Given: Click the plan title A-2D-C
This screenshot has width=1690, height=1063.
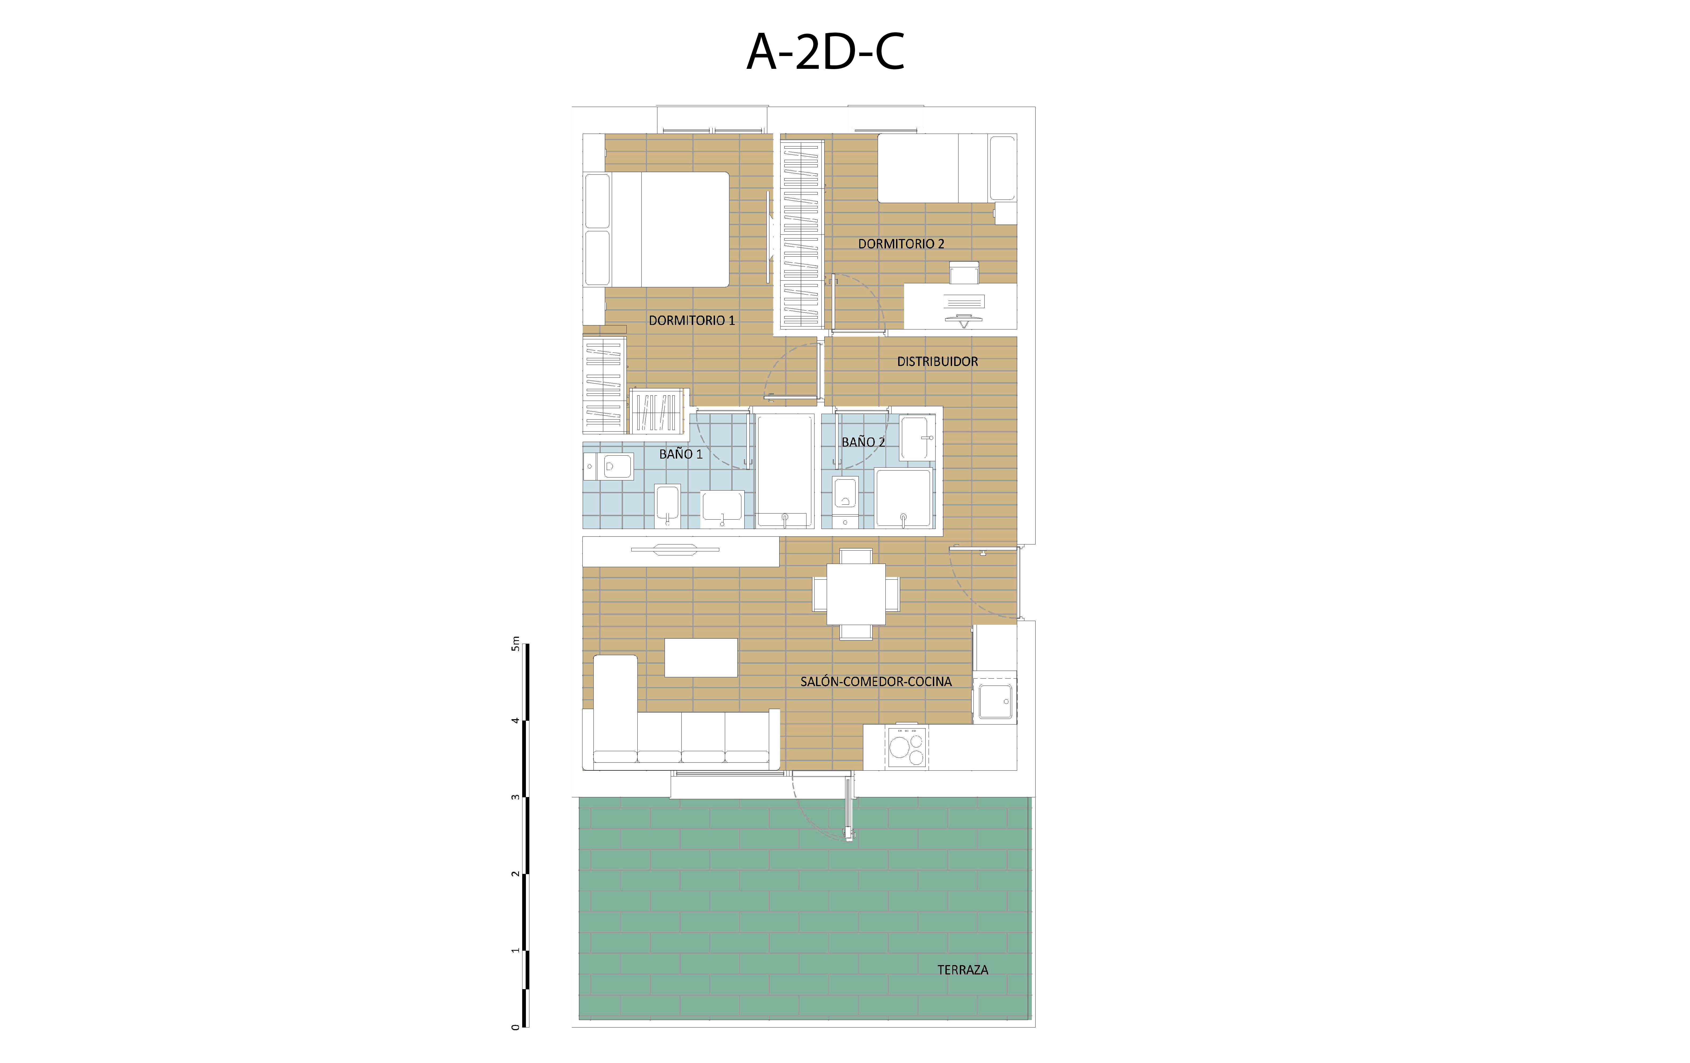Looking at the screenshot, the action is pyautogui.click(x=825, y=52).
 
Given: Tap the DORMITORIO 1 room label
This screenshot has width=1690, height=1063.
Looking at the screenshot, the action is pyautogui.click(x=691, y=320).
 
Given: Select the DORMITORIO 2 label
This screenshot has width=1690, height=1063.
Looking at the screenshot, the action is pyautogui.click(x=901, y=244).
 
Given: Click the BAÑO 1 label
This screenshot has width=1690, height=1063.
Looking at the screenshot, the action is pyautogui.click(x=681, y=454).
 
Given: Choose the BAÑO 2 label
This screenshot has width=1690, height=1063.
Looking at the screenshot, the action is pyautogui.click(x=863, y=442).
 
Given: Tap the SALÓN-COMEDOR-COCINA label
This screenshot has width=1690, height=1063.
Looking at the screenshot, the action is pyautogui.click(x=876, y=681).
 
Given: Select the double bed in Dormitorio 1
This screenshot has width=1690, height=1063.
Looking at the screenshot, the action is pyautogui.click(x=656, y=230).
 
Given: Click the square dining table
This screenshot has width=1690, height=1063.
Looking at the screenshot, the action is pyautogui.click(x=856, y=594).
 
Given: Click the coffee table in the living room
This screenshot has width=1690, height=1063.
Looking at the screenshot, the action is pyautogui.click(x=701, y=658).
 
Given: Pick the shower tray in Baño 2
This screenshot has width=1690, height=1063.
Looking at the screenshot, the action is pyautogui.click(x=903, y=498).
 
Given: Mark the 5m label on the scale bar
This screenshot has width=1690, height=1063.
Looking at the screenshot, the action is pyautogui.click(x=516, y=644).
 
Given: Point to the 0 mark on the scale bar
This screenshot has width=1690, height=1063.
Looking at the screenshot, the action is pyautogui.click(x=516, y=1027).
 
